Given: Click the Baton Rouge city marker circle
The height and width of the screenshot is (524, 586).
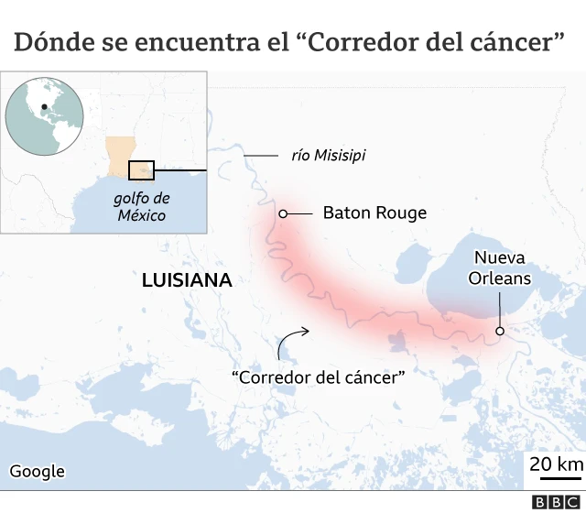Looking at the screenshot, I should [x=283, y=213].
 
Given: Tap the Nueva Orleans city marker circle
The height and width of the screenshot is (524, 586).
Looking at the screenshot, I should [x=500, y=331].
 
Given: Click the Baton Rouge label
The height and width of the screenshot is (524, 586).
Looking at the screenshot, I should [x=374, y=213].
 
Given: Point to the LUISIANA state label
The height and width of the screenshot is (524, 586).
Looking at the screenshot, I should [x=187, y=280].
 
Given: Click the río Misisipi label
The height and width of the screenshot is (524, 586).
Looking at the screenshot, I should [x=328, y=156].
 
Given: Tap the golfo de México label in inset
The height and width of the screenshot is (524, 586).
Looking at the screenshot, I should [x=141, y=206].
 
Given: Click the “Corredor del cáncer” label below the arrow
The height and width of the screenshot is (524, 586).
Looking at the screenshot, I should [x=319, y=377].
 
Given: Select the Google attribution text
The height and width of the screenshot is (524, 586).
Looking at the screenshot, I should [x=38, y=472].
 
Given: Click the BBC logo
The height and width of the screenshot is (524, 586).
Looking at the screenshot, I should [x=557, y=502].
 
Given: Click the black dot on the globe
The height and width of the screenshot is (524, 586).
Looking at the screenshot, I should [x=43, y=108].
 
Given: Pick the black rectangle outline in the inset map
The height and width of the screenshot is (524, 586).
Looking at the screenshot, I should [x=141, y=170].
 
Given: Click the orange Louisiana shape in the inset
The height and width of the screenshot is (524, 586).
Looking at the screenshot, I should [x=120, y=156].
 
